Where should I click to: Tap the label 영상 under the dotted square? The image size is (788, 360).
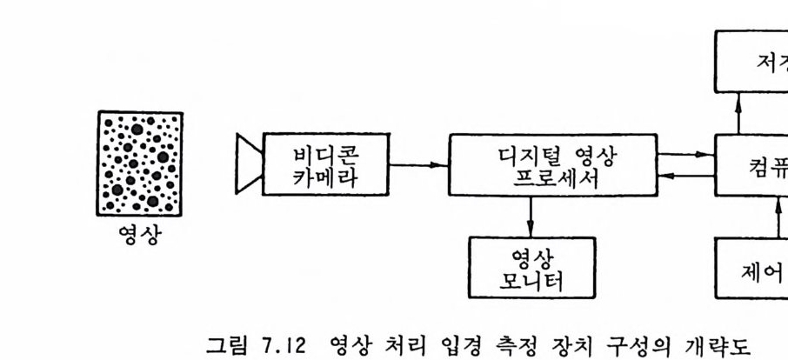coord(140,235)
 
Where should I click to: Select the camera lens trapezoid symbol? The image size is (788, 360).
coord(248,163)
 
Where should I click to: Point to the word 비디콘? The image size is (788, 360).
coord(324,153)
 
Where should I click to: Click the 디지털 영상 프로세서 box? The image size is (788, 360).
coord(552,164)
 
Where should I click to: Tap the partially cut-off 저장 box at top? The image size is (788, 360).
coord(751,61)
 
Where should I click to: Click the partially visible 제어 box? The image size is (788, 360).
coord(753,266)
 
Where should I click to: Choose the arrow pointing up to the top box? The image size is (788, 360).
coord(738,113)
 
